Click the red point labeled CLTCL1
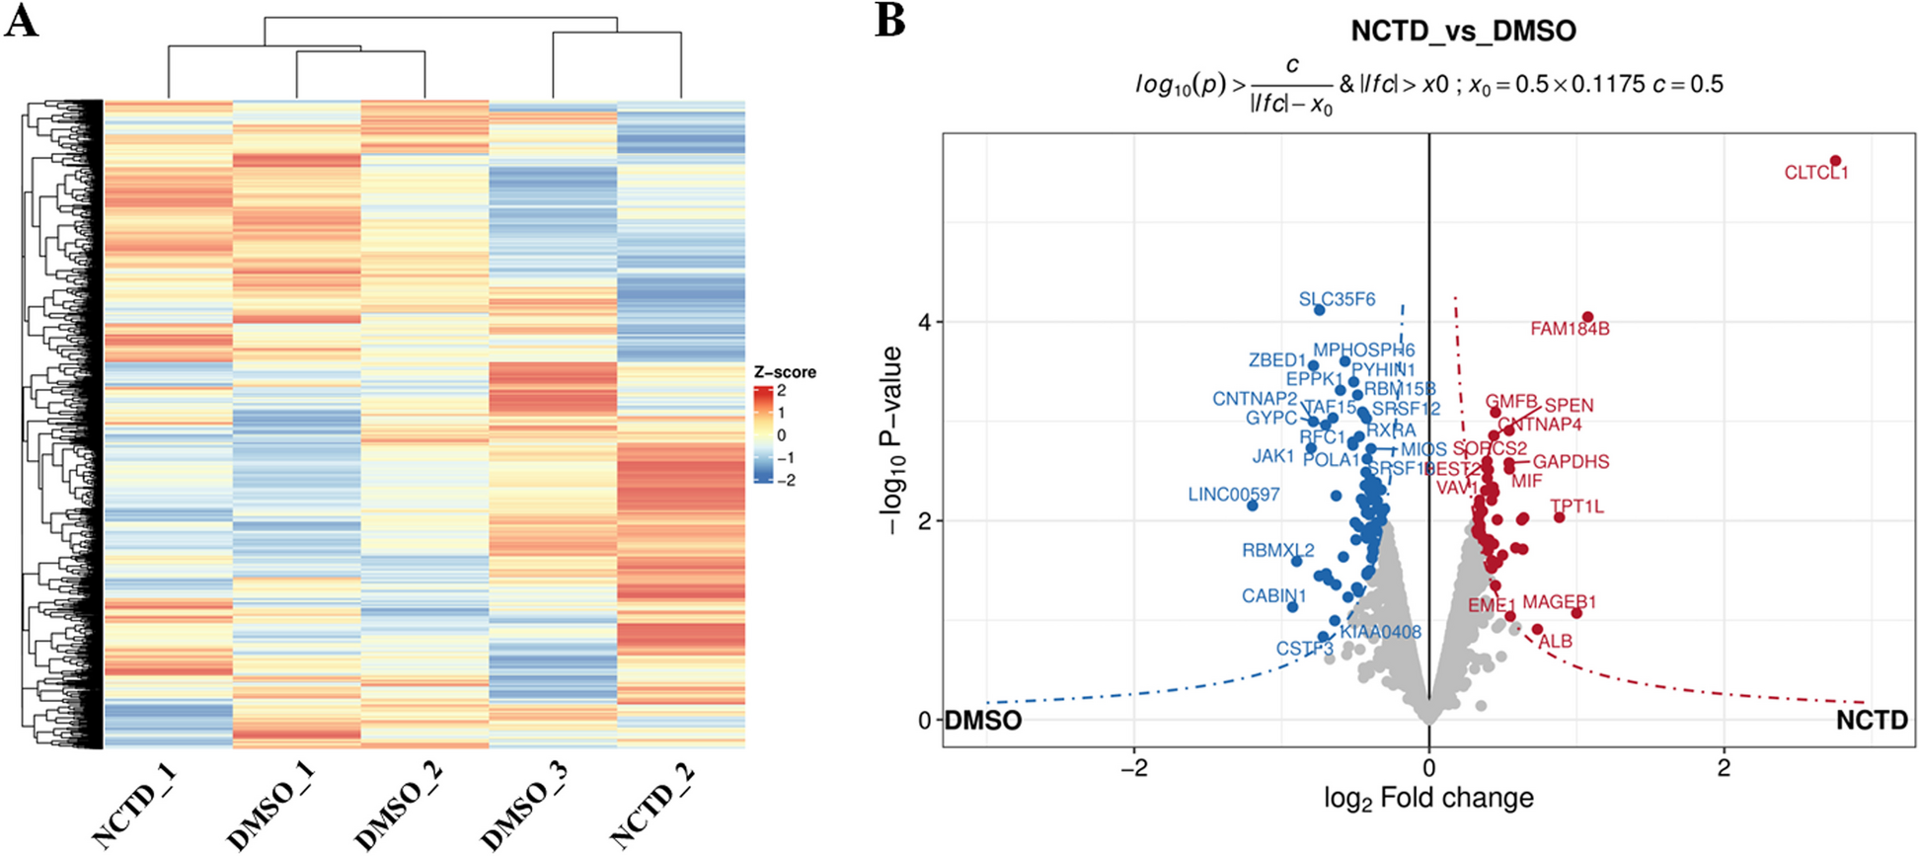[x=1835, y=161]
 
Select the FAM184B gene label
[x=1570, y=329]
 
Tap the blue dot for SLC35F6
[x=1320, y=310]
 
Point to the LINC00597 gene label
[x=1233, y=495]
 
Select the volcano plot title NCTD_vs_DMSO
[x=1463, y=32]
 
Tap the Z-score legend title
[x=785, y=372]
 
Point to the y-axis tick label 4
[x=924, y=322]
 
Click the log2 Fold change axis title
[x=1428, y=798]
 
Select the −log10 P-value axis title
[x=893, y=440]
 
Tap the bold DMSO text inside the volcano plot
[x=983, y=721]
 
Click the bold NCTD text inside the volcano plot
[x=1872, y=721]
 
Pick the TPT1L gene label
[x=1576, y=507]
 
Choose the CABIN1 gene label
[x=1273, y=596]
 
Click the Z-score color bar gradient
[x=762, y=435]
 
